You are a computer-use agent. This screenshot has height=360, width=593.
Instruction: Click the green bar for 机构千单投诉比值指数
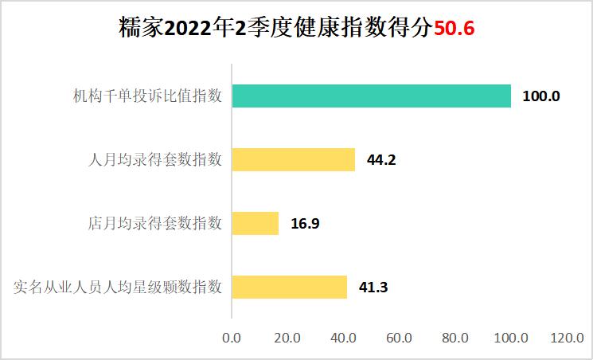point(371,96)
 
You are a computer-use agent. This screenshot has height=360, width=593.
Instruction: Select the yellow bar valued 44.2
point(293,159)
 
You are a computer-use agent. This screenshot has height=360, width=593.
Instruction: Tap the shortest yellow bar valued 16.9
point(255,223)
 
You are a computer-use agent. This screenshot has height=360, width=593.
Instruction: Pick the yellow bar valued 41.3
point(289,287)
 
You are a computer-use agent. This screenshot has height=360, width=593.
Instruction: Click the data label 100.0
point(541,96)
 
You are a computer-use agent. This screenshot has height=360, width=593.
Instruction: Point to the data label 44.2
point(381,159)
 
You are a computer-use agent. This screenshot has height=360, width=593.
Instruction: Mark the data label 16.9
point(305,223)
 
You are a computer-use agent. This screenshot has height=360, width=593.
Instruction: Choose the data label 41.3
point(373,287)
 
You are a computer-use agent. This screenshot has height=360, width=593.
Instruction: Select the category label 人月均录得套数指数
point(155,159)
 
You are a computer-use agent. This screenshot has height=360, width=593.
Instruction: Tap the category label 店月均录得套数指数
point(155,223)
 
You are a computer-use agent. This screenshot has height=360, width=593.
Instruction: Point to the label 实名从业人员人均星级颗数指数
point(118,287)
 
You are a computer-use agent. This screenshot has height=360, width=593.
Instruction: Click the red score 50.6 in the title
point(454,29)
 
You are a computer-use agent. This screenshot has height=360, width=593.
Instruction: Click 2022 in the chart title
point(190,29)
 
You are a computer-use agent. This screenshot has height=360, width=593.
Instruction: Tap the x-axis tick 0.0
point(232,338)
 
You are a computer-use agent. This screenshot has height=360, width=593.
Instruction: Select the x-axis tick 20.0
point(287,338)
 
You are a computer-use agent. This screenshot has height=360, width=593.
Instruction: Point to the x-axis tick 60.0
point(399,338)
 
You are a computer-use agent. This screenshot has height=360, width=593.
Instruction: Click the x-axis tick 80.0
point(455,338)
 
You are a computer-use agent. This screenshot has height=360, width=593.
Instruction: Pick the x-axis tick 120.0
point(566,338)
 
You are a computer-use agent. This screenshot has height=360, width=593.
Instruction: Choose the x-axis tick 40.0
point(343,338)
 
